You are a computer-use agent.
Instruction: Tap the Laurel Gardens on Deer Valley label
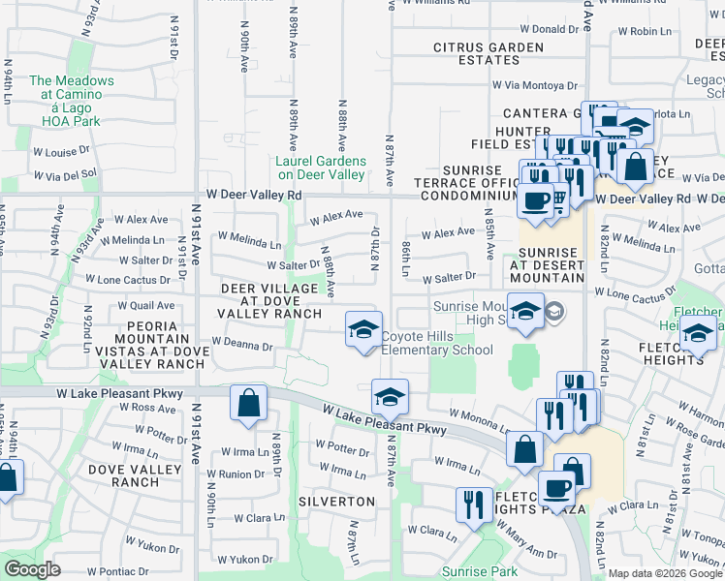click(x=321, y=168)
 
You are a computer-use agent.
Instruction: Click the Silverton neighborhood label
click(x=336, y=502)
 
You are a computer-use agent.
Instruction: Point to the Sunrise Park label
click(x=480, y=571)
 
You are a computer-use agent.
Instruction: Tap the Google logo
click(x=32, y=569)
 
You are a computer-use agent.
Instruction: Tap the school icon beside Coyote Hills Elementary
click(x=363, y=330)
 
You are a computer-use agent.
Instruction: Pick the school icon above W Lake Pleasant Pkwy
click(x=390, y=397)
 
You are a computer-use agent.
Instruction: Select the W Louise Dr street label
click(x=60, y=152)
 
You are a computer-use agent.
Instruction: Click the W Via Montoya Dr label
click(x=533, y=85)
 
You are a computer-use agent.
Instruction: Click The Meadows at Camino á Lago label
click(x=71, y=101)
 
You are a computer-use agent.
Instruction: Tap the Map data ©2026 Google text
click(x=664, y=573)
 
